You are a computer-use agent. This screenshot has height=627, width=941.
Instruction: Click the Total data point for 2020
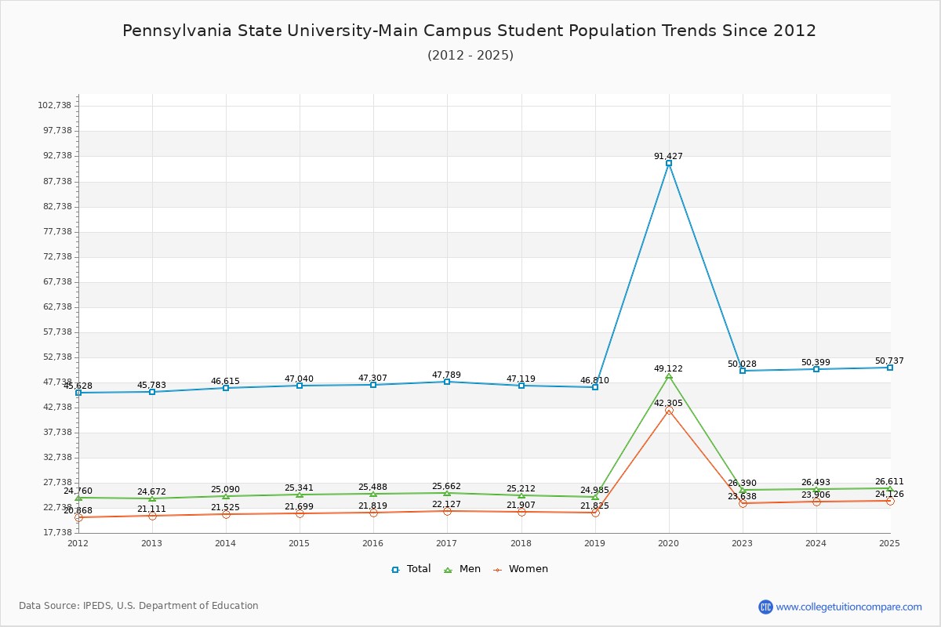point(669,163)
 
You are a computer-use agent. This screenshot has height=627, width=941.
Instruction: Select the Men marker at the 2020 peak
point(669,376)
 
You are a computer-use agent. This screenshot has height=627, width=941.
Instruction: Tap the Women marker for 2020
point(669,410)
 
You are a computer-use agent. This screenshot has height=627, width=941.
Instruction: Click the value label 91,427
point(668,156)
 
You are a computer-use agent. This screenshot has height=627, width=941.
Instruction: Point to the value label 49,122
point(668,368)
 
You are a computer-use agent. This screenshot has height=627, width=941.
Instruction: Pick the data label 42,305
point(668,403)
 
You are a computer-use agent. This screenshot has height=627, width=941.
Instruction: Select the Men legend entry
point(463,569)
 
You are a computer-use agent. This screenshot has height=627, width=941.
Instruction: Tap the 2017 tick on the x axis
point(446,543)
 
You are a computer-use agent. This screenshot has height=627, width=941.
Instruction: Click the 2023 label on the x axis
point(742,543)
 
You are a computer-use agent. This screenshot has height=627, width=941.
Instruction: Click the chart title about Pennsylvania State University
point(469,31)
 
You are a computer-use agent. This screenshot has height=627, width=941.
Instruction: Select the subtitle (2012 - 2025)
point(470,55)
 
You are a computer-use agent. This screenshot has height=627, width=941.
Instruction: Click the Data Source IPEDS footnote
point(139,606)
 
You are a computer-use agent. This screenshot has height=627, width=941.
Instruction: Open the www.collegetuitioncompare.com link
point(848,607)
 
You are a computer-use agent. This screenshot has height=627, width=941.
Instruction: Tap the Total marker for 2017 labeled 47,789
point(447,382)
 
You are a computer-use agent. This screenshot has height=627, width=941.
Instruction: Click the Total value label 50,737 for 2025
point(889,361)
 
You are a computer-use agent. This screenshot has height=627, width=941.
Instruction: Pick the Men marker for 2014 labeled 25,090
point(226,496)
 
